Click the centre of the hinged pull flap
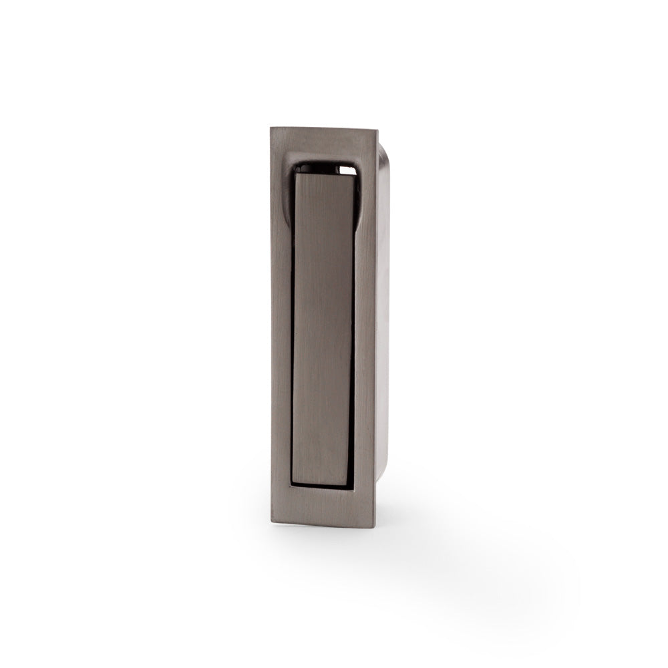323,327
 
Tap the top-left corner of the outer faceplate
271,128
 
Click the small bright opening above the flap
347,170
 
